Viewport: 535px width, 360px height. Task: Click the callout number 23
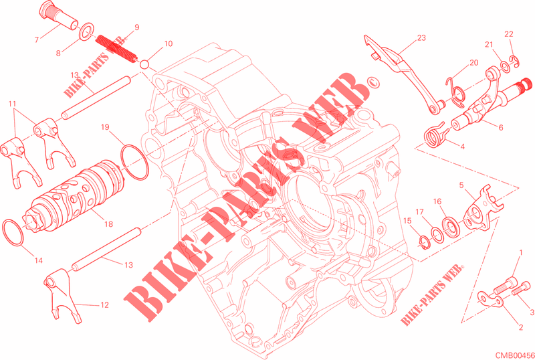(x=421, y=37)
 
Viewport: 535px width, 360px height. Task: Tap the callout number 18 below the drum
(x=108, y=224)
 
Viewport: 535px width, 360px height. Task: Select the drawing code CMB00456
(x=515, y=355)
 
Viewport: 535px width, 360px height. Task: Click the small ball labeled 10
(x=144, y=64)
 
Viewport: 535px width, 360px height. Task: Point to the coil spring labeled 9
(x=116, y=48)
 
